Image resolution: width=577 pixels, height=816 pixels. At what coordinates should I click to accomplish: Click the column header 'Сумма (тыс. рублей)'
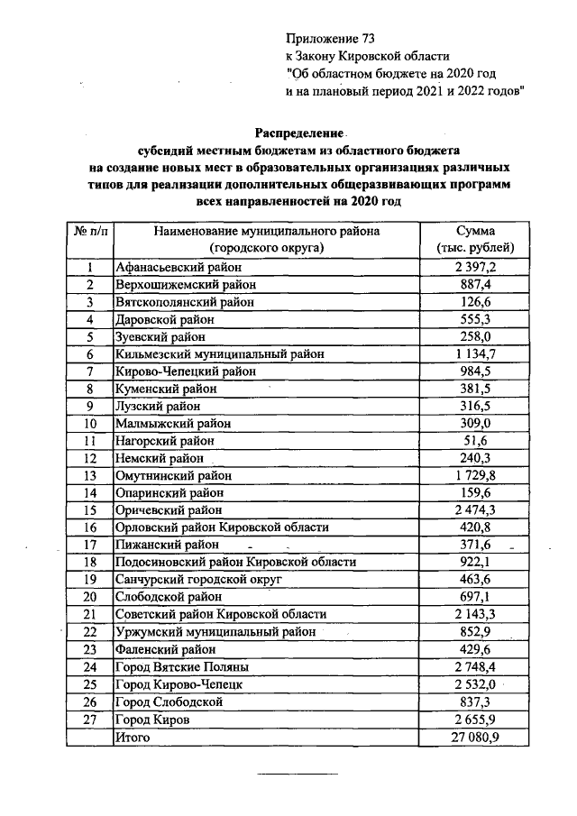[475, 239]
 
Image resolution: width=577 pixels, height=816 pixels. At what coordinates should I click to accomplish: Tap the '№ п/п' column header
[90, 232]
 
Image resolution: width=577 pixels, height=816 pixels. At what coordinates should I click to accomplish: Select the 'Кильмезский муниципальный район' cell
[219, 353]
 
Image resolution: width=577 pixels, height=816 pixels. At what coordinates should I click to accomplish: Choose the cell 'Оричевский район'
[167, 509]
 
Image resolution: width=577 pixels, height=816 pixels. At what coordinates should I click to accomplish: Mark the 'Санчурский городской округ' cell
[199, 579]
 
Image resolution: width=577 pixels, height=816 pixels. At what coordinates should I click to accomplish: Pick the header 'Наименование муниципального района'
[266, 231]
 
